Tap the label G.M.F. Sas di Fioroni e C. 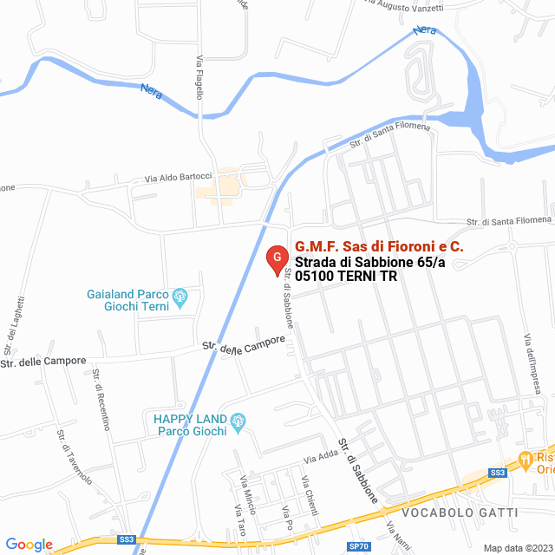379,247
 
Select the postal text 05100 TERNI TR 346,277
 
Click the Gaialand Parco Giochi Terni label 127,301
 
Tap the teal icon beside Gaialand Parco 180,298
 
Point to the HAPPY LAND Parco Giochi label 191,425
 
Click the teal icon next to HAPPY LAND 240,421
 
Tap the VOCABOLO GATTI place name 460,513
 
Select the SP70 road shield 358,546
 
